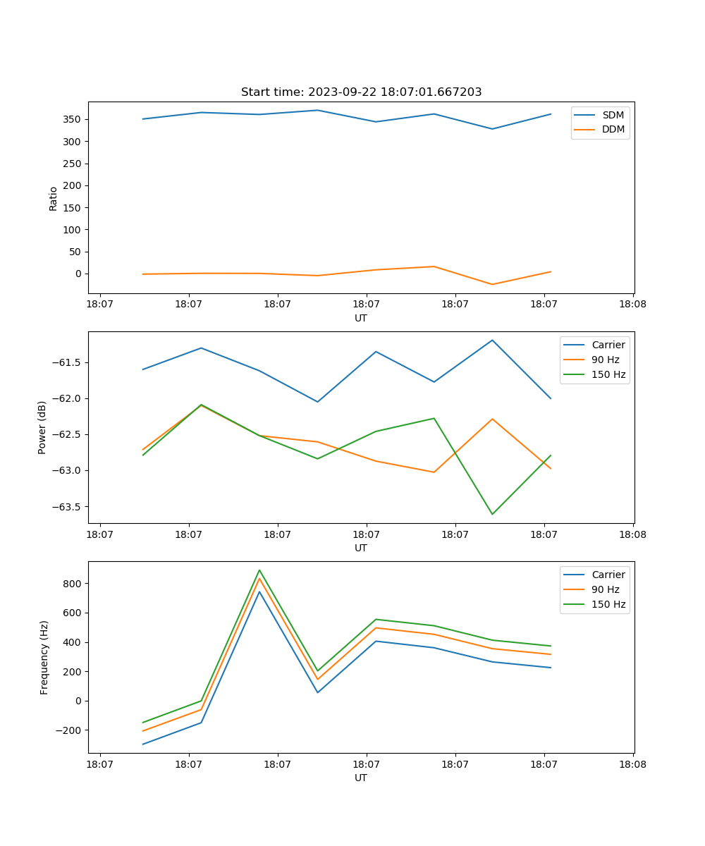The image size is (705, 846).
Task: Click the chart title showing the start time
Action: [361, 92]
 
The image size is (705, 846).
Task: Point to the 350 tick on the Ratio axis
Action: [73, 119]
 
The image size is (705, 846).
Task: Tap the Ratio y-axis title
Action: [54, 198]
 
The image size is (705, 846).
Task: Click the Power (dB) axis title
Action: [42, 427]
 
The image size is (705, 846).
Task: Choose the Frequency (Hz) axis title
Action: [44, 657]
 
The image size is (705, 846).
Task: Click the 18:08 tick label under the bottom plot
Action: [632, 764]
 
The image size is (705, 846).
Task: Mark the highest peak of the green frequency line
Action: [259, 570]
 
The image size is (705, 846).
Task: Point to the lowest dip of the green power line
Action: [492, 514]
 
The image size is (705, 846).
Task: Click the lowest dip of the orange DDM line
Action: [492, 284]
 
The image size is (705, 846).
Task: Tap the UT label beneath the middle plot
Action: [361, 548]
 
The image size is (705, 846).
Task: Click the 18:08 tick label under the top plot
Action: [632, 305]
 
